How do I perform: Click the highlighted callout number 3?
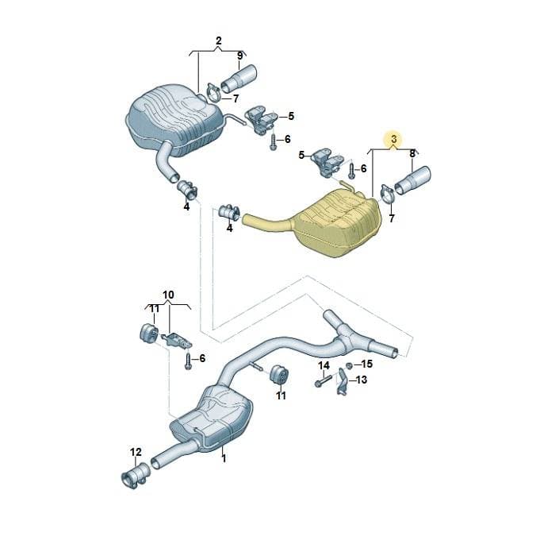[x=394, y=139]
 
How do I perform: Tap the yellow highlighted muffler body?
[x=339, y=224]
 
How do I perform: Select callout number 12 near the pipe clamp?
[x=136, y=452]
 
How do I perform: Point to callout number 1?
[x=224, y=458]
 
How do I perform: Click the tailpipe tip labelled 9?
[x=239, y=79]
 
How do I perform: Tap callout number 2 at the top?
[x=218, y=41]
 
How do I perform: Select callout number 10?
[x=168, y=295]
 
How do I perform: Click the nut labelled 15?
[x=348, y=364]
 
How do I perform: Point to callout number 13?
[x=362, y=380]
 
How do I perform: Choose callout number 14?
[x=324, y=365]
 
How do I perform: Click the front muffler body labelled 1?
[x=212, y=417]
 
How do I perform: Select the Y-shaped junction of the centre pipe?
[x=346, y=336]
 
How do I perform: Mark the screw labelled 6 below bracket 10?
[x=188, y=361]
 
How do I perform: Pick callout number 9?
[x=239, y=55]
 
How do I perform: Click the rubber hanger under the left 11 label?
[x=149, y=333]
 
